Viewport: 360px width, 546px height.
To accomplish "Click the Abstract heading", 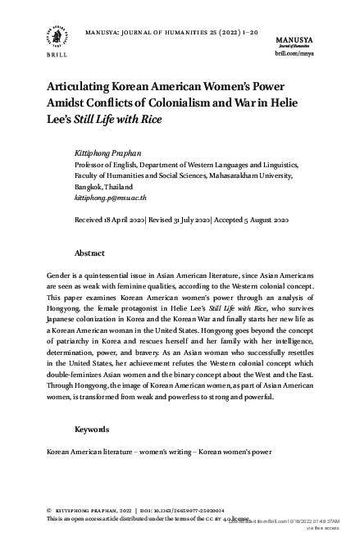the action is pos(89,253).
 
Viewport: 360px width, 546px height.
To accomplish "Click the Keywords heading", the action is pos(93,429).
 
